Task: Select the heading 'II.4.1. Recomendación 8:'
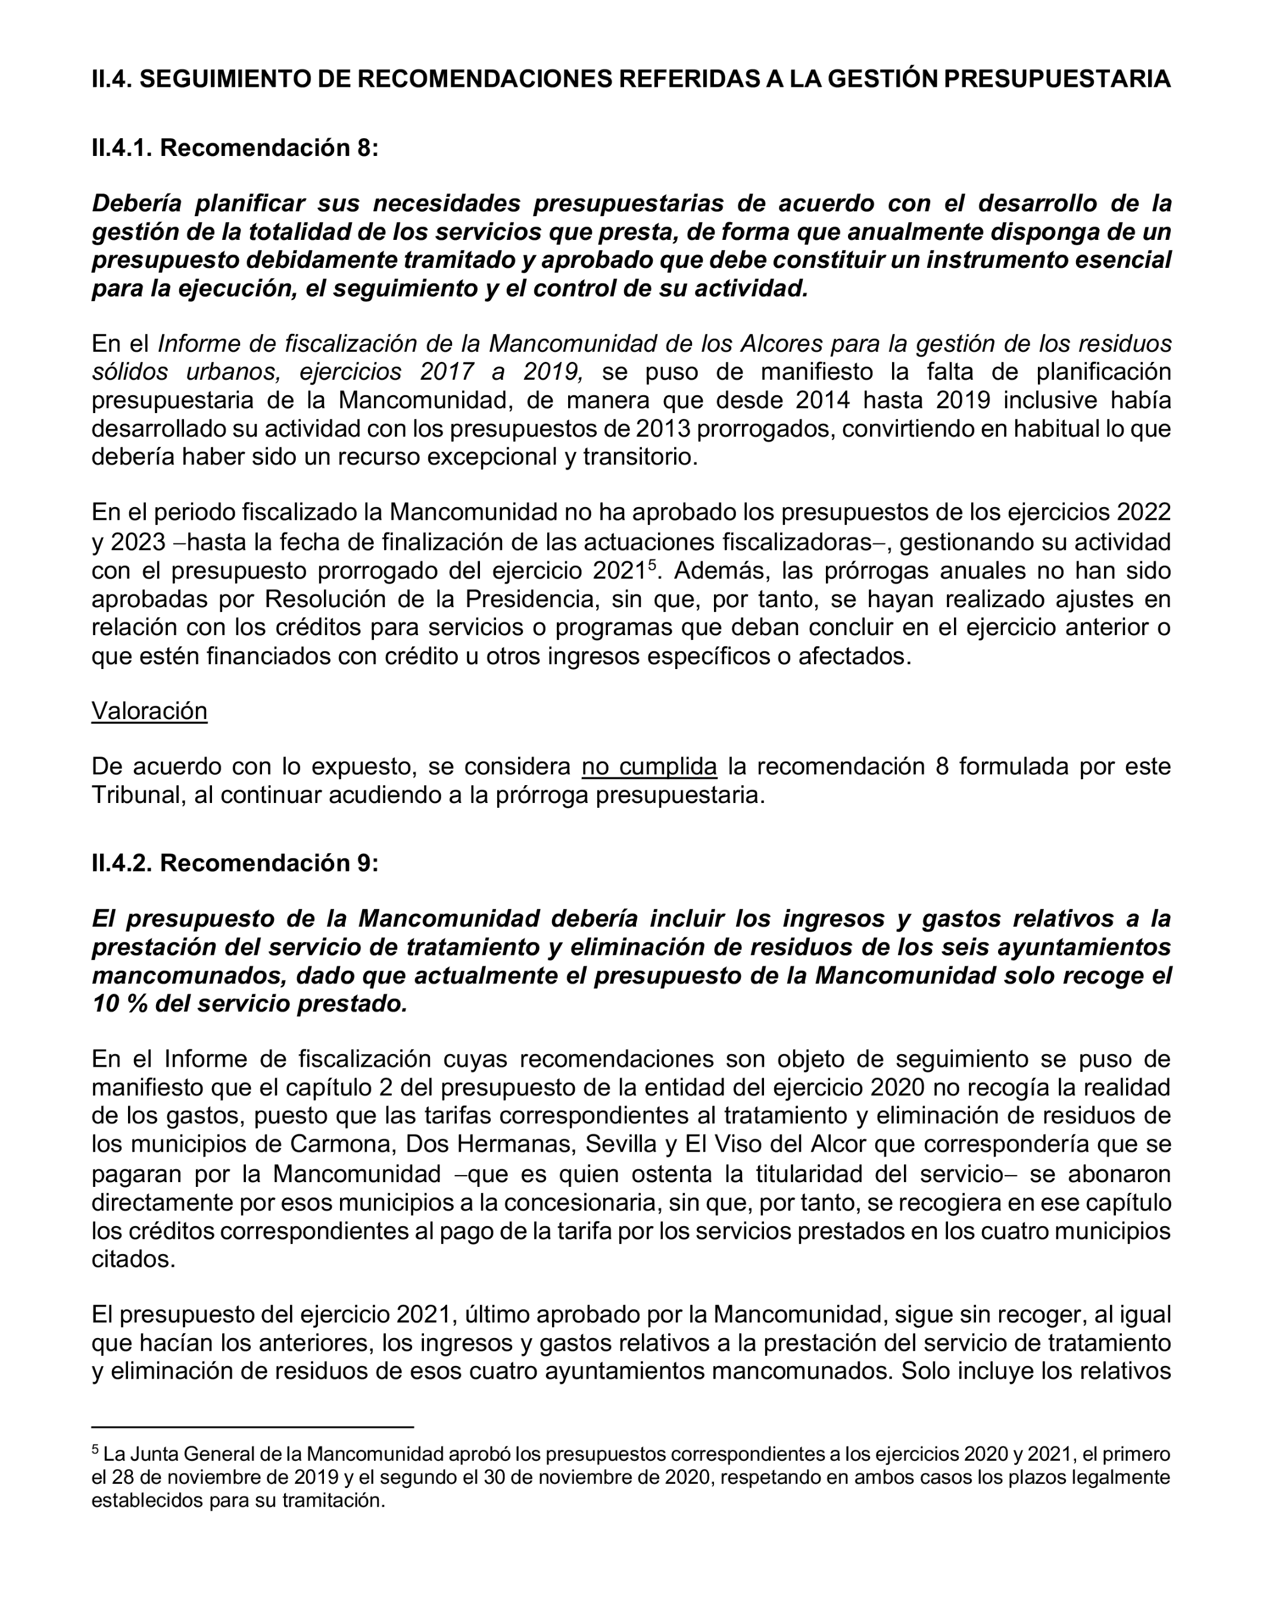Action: pyautogui.click(x=235, y=148)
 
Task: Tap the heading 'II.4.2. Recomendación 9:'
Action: pyautogui.click(x=235, y=863)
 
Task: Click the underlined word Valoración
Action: pyautogui.click(x=149, y=711)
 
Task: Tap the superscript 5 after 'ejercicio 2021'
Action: pyautogui.click(x=652, y=565)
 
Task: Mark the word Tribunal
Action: pyautogui.click(x=138, y=795)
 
